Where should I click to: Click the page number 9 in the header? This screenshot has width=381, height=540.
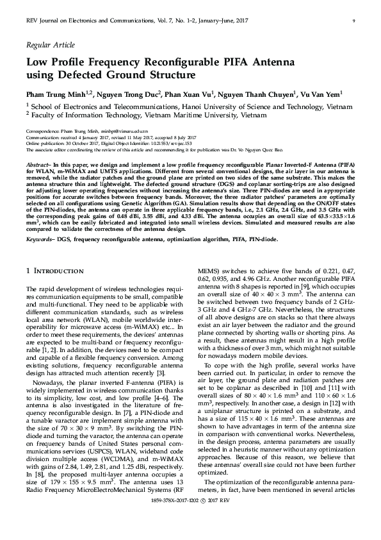(x=353, y=21)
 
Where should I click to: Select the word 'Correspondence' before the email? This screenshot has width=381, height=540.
(x=42, y=130)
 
